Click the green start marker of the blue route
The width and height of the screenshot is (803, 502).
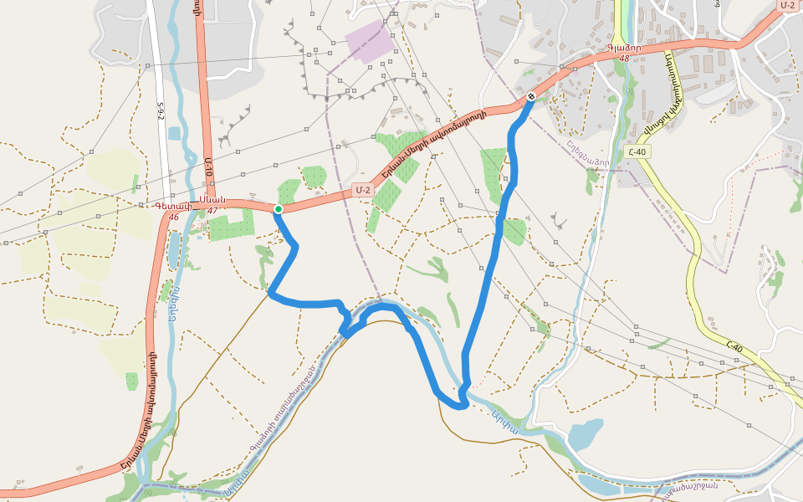(279, 209)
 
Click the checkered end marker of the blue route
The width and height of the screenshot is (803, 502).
(530, 97)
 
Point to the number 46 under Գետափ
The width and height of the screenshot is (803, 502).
(174, 217)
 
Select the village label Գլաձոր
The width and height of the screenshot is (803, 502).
(624, 48)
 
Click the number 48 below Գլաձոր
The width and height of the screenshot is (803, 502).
(624, 59)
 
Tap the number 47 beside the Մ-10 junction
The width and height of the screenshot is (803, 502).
(212, 211)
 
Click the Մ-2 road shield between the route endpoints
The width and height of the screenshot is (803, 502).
(361, 190)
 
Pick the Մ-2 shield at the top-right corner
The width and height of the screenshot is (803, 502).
(787, 5)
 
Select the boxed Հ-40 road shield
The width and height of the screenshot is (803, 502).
(637, 151)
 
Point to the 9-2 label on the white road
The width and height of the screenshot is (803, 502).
(161, 111)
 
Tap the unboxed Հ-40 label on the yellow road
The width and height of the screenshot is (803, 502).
(734, 344)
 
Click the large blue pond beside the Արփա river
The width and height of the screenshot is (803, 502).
(585, 433)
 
